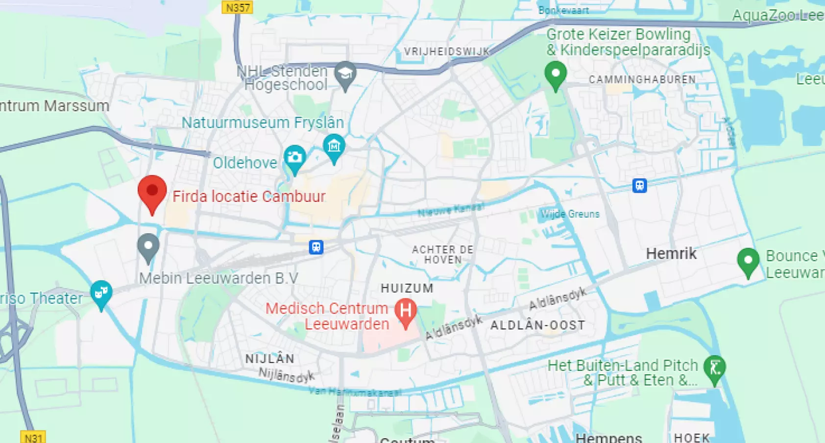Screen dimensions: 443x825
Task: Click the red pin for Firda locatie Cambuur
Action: tap(152, 192)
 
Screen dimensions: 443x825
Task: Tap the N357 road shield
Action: tap(238, 7)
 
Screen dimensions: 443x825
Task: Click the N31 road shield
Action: tap(33, 437)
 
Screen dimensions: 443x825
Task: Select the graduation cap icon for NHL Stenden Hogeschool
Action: tap(345, 74)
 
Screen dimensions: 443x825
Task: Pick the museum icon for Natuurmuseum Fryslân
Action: tap(334, 147)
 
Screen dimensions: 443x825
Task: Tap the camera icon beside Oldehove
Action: tap(295, 158)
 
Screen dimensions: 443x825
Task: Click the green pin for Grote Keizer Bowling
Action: tap(556, 74)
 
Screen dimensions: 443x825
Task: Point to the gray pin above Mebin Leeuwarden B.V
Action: tap(148, 246)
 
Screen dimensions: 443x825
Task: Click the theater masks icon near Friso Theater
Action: tap(101, 294)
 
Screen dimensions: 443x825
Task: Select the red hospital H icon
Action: tap(406, 311)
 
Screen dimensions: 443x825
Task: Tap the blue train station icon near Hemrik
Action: tap(639, 186)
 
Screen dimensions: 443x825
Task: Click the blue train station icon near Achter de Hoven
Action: tap(316, 247)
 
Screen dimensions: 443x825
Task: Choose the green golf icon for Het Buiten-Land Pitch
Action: tap(715, 368)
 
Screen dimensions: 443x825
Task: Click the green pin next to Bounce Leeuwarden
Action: tap(748, 261)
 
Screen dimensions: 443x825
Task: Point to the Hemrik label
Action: tap(671, 253)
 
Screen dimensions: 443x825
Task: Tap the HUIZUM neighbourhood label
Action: tap(407, 288)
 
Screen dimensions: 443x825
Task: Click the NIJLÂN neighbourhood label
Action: tap(270, 359)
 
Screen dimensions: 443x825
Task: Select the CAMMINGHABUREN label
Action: tap(642, 79)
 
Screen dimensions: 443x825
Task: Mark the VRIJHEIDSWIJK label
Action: tap(447, 51)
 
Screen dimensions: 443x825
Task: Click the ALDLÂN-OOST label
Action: tap(538, 325)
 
